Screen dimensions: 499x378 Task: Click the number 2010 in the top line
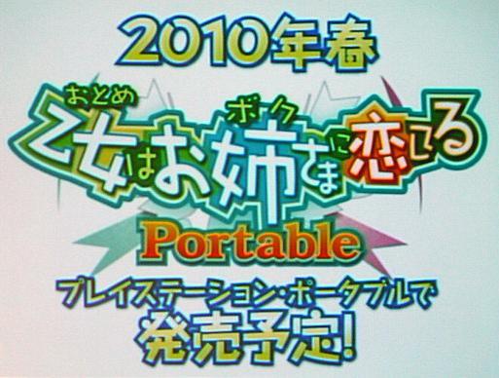click(x=196, y=43)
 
